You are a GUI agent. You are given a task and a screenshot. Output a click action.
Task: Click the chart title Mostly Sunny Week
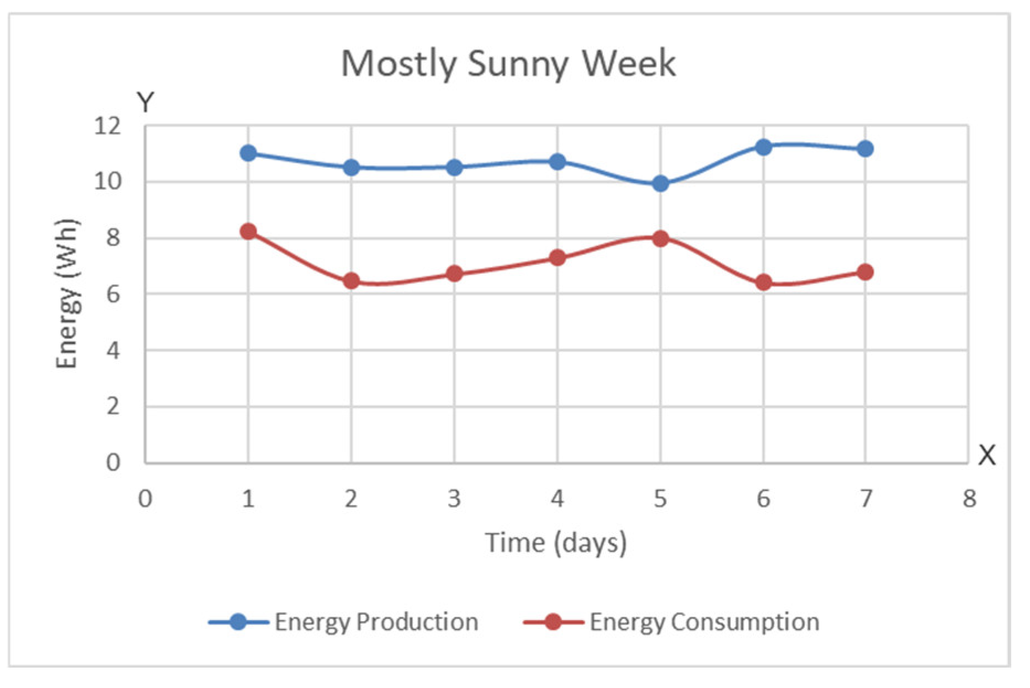(x=508, y=63)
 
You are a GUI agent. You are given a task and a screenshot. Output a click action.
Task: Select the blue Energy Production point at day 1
(x=248, y=153)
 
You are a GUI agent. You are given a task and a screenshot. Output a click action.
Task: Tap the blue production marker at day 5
(x=660, y=183)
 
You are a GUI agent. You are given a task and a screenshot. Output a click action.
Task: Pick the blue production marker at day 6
(x=763, y=147)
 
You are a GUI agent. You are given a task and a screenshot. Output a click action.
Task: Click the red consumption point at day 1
(x=248, y=231)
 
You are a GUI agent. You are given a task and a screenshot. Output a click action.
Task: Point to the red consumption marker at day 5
(x=660, y=238)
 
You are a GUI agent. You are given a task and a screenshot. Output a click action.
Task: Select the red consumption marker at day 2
(x=352, y=281)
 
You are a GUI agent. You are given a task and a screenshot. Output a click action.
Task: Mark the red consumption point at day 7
(x=866, y=272)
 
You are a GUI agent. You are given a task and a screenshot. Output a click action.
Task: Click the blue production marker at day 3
(x=454, y=167)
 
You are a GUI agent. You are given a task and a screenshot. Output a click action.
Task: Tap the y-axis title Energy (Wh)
(x=68, y=294)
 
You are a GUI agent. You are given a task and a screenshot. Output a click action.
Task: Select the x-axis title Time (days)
(x=556, y=543)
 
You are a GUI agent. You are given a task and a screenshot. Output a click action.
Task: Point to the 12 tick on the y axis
(x=107, y=127)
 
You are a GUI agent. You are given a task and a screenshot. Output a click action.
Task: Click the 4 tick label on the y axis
(x=113, y=350)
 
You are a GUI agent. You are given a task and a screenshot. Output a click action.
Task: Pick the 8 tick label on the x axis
(x=969, y=499)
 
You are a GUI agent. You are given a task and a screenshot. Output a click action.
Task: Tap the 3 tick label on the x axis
(x=454, y=499)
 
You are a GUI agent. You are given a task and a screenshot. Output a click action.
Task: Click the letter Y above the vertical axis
(x=145, y=103)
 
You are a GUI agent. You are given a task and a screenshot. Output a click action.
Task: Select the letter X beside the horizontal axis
(x=987, y=456)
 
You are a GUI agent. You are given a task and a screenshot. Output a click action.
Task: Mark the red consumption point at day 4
(x=558, y=258)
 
